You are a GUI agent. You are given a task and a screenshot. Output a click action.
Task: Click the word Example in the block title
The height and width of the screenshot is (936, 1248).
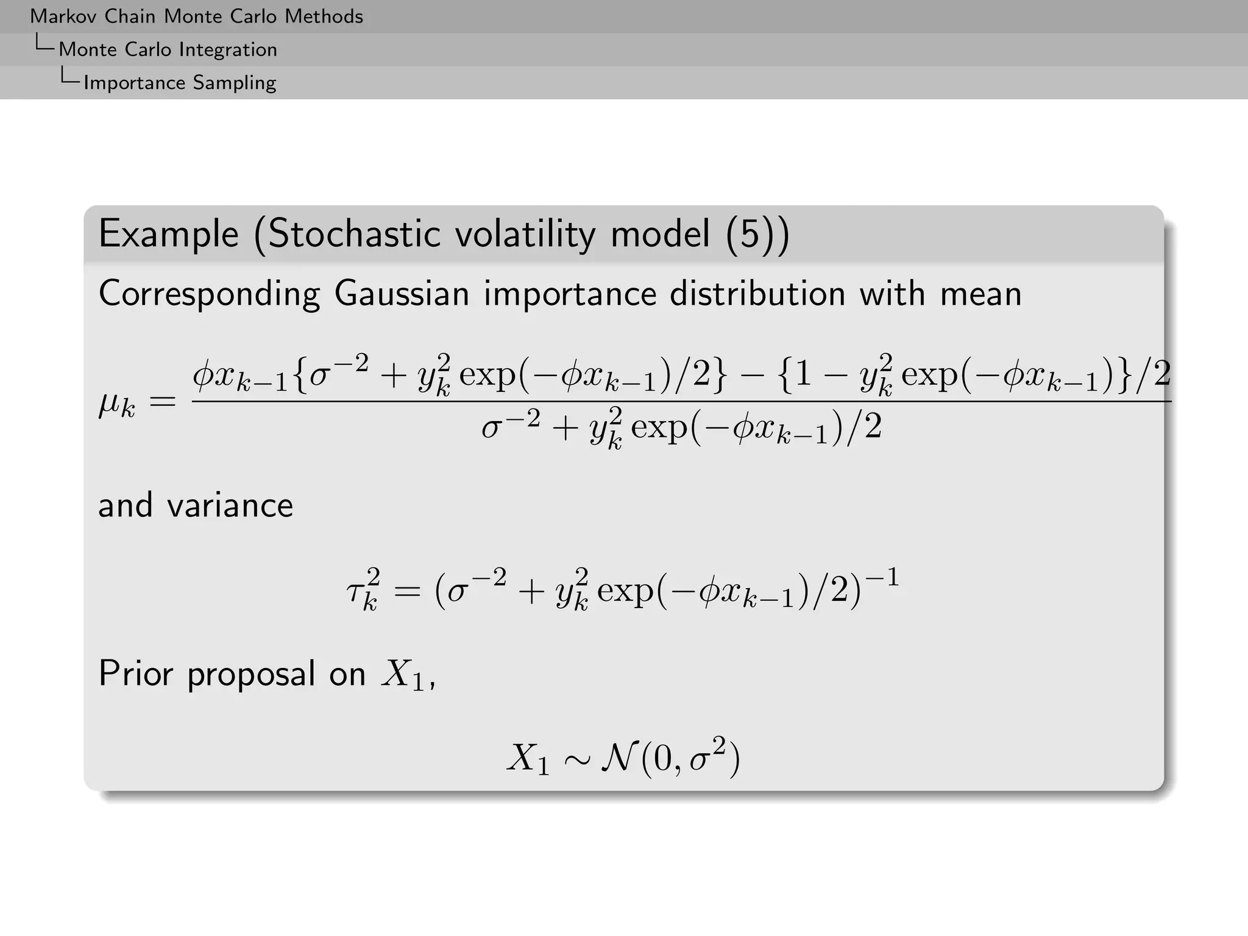(x=169, y=235)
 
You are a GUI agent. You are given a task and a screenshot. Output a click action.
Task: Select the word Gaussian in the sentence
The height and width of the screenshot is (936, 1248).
(x=402, y=294)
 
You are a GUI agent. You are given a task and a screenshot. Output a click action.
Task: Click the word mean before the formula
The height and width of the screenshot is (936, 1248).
(x=980, y=294)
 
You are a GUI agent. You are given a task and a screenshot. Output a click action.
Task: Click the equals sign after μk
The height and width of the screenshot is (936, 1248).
(x=163, y=402)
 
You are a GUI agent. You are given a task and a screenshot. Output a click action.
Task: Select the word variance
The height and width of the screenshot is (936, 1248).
(x=230, y=505)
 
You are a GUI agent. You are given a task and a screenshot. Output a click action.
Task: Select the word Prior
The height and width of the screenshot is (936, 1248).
(x=135, y=674)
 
